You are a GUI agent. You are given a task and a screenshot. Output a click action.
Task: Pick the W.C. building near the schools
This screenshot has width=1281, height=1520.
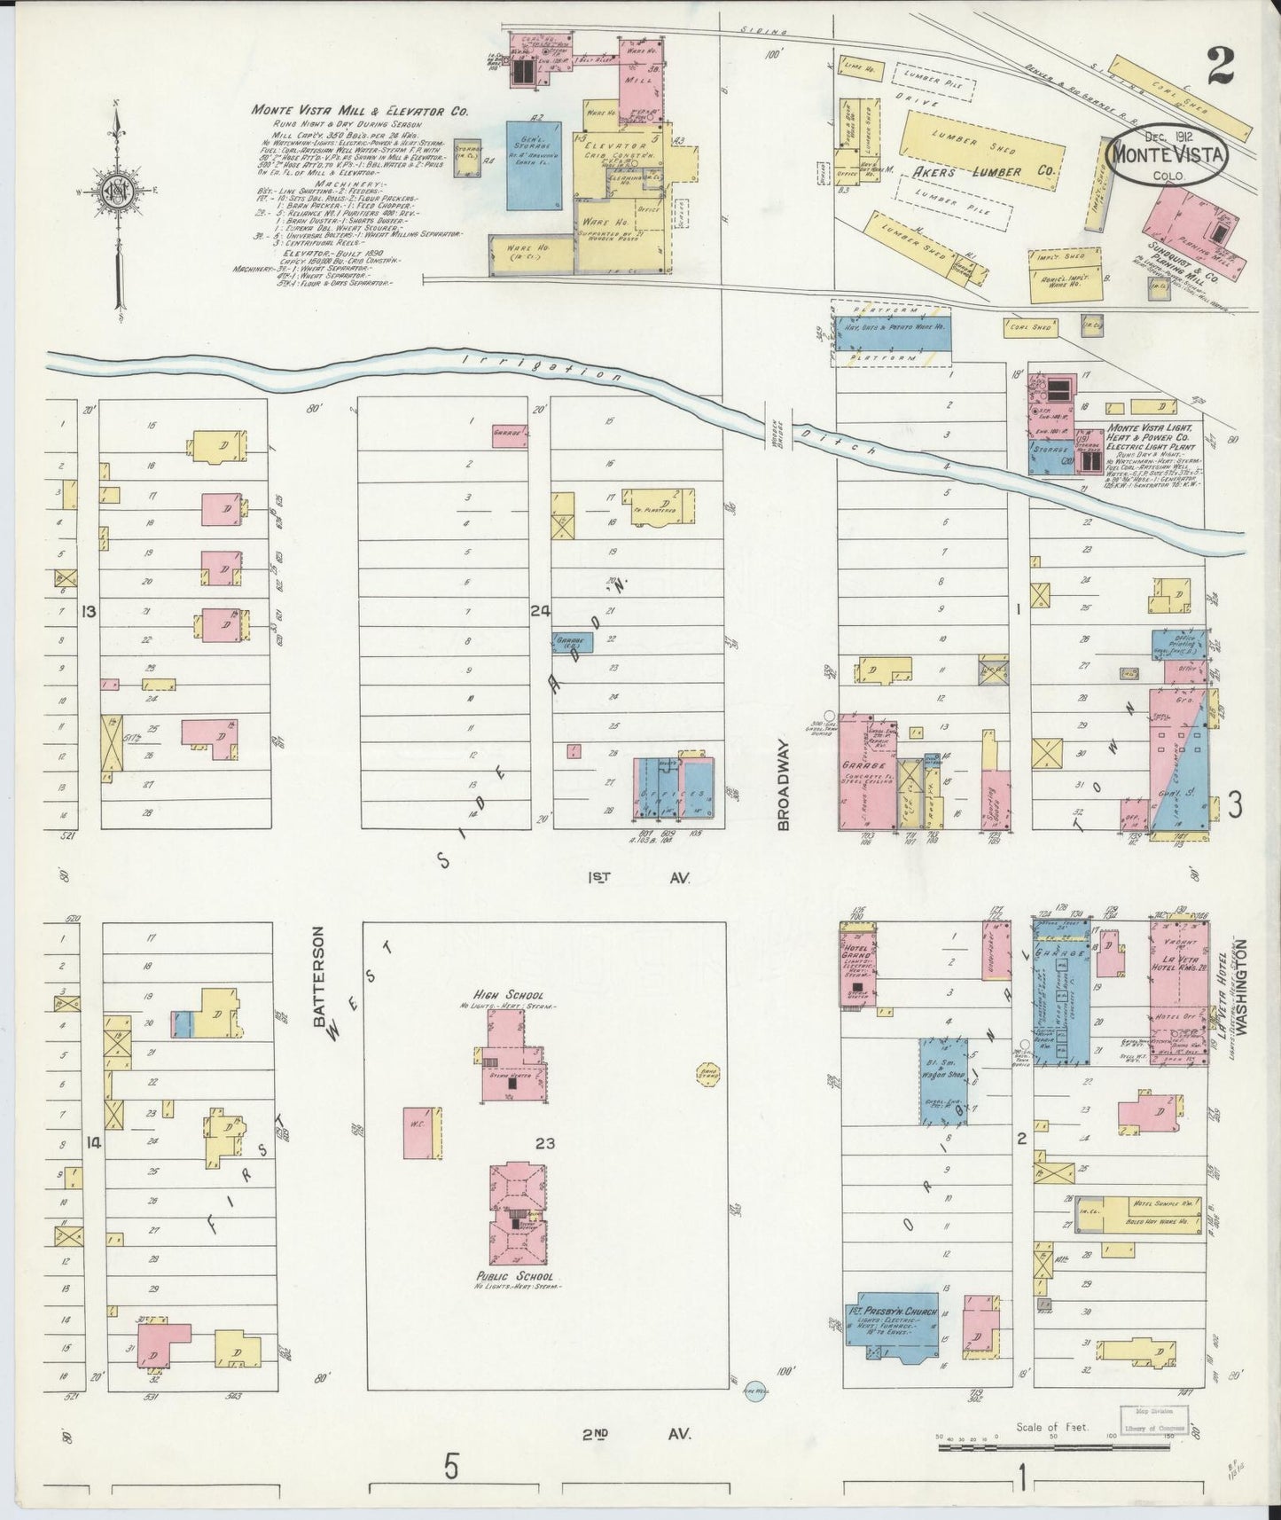click(x=422, y=1132)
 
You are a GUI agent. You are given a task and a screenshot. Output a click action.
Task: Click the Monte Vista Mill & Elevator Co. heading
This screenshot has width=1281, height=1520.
click(x=359, y=111)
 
